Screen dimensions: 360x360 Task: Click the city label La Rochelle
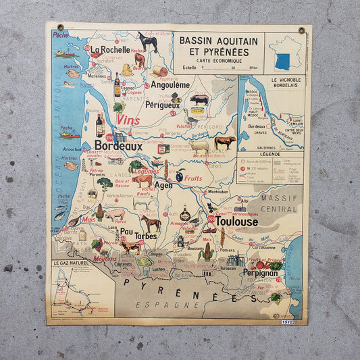[111, 49]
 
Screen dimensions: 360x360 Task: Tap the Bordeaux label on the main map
[118, 145]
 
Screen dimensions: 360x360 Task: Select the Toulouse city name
[236, 221]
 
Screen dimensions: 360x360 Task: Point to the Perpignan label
[260, 273]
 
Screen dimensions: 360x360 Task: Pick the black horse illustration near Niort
[147, 43]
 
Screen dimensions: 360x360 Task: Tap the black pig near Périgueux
[199, 99]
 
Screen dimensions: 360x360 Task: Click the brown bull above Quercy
[225, 142]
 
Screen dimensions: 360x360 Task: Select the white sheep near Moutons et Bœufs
[199, 145]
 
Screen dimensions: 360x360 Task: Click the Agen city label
[163, 185]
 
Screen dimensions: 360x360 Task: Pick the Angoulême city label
[170, 85]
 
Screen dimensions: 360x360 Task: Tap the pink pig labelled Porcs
[115, 214]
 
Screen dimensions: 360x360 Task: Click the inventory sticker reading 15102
[288, 323]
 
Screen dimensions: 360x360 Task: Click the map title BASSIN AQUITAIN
[215, 41]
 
